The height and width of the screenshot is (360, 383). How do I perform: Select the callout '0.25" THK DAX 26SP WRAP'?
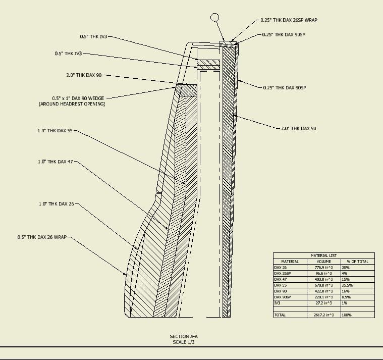coord(289,20)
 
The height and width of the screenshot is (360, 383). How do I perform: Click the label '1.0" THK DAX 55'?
coord(55,131)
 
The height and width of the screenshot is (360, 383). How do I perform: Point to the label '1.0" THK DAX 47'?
coord(55,162)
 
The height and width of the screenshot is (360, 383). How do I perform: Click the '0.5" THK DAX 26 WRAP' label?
coord(42,237)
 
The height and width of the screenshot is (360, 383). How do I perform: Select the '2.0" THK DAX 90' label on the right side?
coord(299,129)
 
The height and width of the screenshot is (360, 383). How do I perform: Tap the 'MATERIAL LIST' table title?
coord(323,256)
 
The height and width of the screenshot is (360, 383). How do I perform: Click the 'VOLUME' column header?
coord(323,262)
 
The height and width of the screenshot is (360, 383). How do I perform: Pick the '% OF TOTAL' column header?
coord(357,262)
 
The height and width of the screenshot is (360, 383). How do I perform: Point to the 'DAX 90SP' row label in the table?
coord(283,297)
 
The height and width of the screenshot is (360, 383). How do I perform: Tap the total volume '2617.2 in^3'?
coord(323,315)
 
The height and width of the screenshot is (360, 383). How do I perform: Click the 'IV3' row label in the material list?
coord(277,302)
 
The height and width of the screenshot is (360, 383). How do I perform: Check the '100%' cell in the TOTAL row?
coord(346,315)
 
